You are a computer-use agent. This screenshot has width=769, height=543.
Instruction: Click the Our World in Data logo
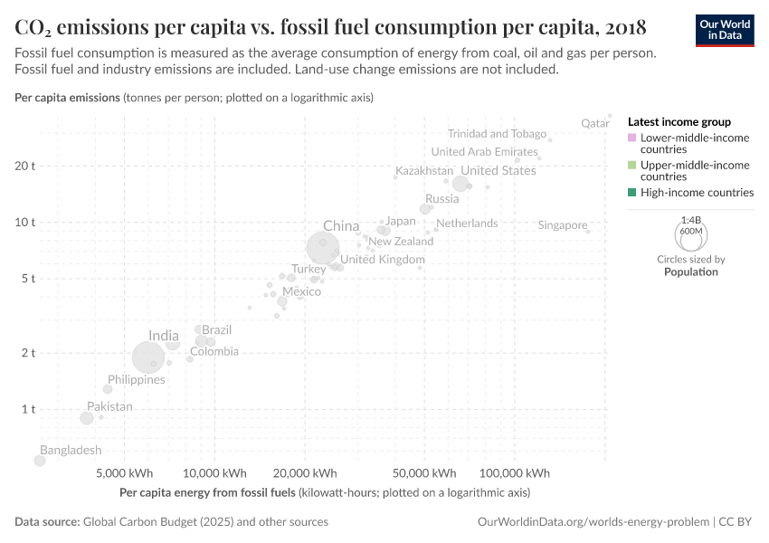(x=724, y=29)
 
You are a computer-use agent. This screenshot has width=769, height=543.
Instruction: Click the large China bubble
(x=323, y=247)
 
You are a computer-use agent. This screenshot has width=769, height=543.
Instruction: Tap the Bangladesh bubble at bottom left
(x=40, y=461)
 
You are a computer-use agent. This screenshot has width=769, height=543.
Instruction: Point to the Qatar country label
(x=594, y=123)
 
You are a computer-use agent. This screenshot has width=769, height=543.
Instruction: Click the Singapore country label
(x=563, y=225)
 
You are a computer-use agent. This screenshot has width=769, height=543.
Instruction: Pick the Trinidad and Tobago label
(x=497, y=134)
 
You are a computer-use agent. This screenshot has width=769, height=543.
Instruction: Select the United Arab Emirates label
(x=484, y=152)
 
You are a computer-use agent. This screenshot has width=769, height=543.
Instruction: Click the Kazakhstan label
(x=424, y=171)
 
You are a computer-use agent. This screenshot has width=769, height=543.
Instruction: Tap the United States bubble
(x=460, y=184)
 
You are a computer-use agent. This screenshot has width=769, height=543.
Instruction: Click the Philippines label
(x=137, y=380)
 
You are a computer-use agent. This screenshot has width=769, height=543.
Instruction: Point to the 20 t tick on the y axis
(x=25, y=166)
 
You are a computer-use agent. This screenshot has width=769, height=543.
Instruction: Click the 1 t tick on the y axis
(x=29, y=409)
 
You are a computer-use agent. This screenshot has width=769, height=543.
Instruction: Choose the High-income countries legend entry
(x=697, y=193)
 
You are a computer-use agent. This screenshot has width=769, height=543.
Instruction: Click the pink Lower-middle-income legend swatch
(x=632, y=138)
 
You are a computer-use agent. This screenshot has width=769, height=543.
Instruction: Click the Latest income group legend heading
(x=679, y=121)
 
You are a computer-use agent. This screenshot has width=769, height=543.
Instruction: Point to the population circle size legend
(x=691, y=234)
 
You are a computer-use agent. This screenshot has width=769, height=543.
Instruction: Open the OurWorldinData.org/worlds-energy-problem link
(x=592, y=522)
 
